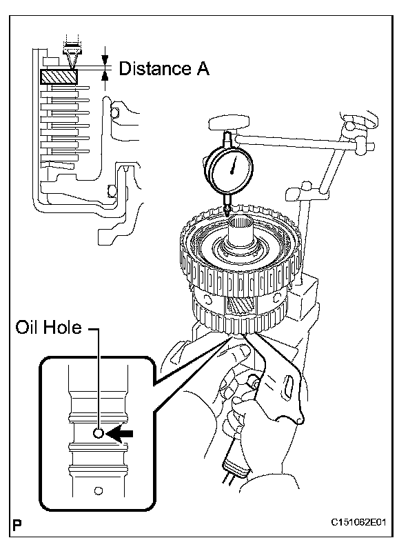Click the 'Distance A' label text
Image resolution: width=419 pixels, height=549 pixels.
pyautogui.click(x=164, y=68)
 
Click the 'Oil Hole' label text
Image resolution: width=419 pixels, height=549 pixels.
pyautogui.click(x=48, y=328)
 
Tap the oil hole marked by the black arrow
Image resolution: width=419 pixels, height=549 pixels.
pyautogui.click(x=99, y=433)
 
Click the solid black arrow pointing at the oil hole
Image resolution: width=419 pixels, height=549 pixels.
pyautogui.click(x=119, y=434)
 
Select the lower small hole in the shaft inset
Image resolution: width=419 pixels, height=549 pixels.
pyautogui.click(x=99, y=491)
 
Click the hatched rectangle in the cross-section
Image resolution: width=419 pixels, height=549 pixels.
pyautogui.click(x=59, y=77)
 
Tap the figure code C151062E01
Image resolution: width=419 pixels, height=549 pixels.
pyautogui.click(x=359, y=523)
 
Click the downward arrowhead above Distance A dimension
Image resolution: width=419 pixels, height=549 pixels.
pyautogui.click(x=105, y=59)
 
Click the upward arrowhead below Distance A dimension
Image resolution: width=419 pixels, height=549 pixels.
pyautogui.click(x=105, y=76)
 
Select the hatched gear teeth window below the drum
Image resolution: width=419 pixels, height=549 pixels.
pyautogui.click(x=238, y=306)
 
